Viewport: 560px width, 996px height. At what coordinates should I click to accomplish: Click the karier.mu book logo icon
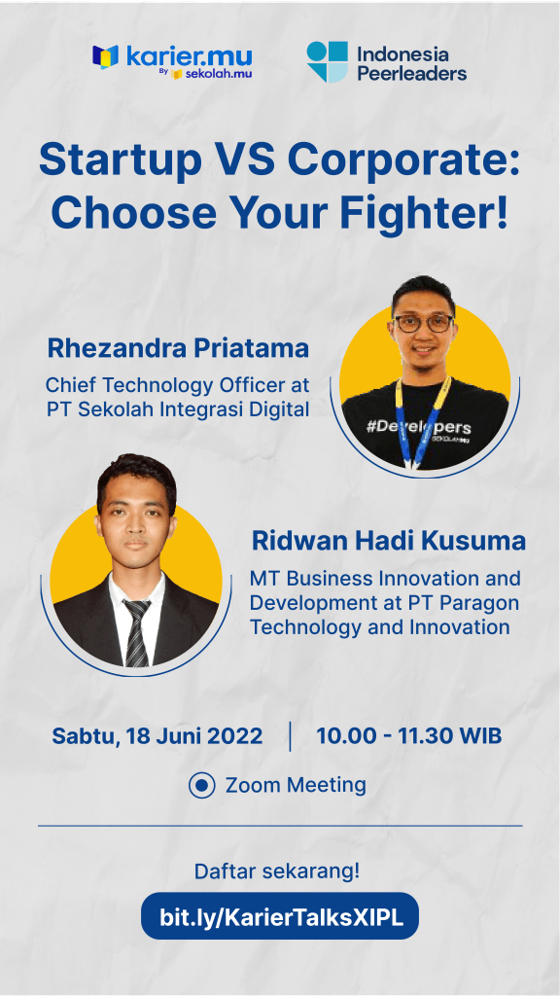(105, 56)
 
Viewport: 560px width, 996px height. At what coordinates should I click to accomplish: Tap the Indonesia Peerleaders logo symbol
(327, 61)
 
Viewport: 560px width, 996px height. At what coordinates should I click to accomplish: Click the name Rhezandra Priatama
(178, 348)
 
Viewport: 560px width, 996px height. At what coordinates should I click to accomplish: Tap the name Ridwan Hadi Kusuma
(389, 541)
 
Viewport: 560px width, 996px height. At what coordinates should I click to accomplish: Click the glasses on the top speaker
(423, 323)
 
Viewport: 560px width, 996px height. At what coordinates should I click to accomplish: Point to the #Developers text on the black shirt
(418, 426)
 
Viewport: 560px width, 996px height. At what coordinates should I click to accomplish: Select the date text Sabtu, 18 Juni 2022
(157, 736)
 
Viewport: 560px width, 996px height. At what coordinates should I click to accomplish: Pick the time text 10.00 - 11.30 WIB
(409, 735)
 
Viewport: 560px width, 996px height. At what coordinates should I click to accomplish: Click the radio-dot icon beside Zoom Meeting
(202, 785)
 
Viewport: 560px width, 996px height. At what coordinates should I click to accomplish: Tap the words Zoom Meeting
(296, 785)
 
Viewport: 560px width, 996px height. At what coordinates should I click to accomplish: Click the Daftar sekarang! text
(277, 871)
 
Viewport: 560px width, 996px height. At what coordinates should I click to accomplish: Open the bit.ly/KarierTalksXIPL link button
(280, 915)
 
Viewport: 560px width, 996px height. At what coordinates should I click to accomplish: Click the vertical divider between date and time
(290, 736)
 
